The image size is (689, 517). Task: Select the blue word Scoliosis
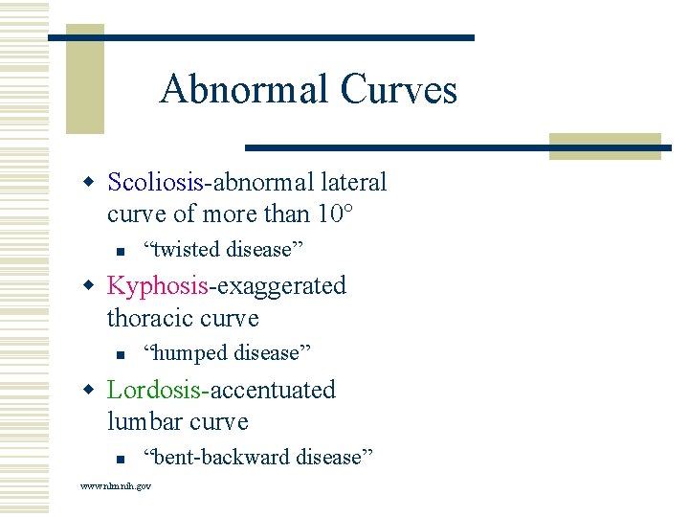(x=155, y=182)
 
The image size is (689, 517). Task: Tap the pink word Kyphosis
(x=157, y=286)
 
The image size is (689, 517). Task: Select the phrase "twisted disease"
(x=223, y=250)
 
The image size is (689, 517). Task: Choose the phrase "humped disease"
(x=227, y=353)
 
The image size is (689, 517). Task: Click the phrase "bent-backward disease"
(x=257, y=457)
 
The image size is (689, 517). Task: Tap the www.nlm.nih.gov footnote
(x=115, y=486)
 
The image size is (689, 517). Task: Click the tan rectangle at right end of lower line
(x=605, y=146)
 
